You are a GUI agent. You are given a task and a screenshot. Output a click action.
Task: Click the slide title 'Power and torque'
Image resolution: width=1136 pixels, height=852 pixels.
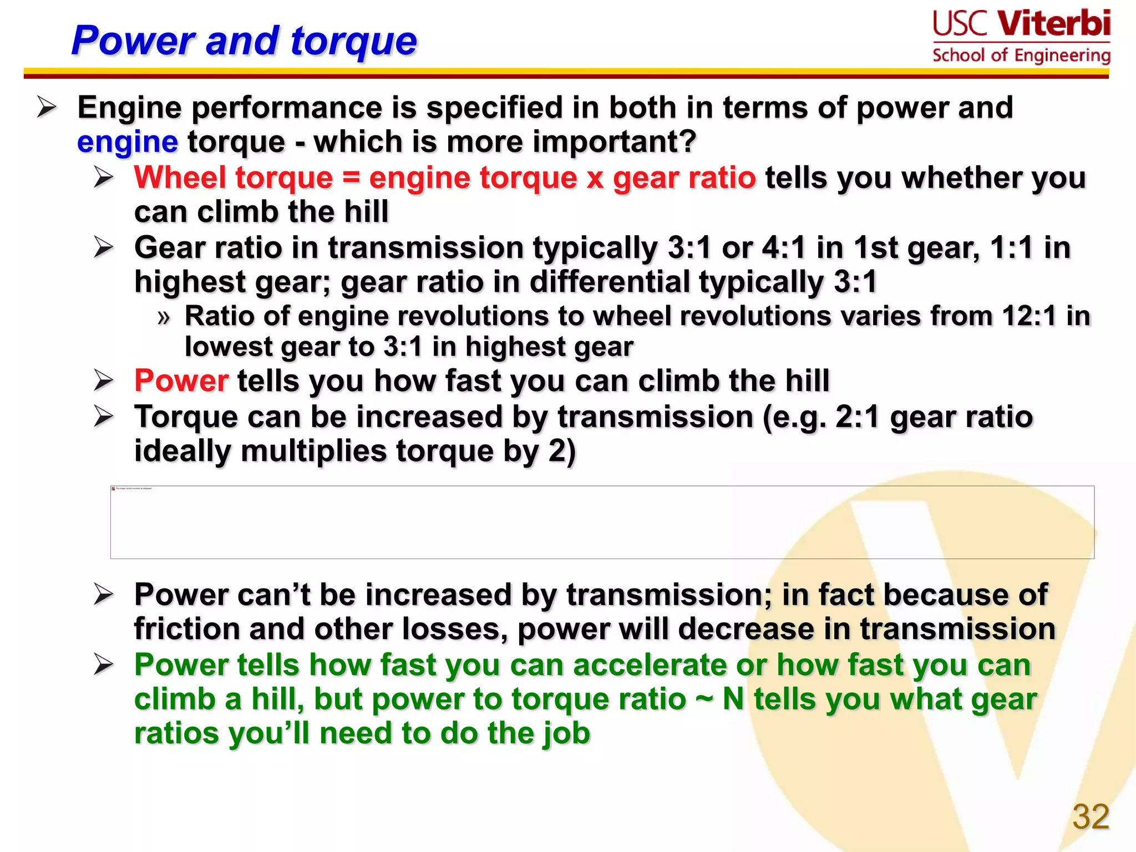click(244, 40)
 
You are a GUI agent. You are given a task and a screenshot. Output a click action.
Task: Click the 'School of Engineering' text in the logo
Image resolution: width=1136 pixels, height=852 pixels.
click(1021, 55)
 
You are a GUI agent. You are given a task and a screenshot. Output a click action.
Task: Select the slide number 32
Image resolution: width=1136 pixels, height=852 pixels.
click(1091, 816)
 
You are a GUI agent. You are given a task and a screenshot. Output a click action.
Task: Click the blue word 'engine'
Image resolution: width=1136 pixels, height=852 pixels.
click(128, 143)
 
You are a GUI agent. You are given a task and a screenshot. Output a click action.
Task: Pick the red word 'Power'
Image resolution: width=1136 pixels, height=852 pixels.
click(181, 381)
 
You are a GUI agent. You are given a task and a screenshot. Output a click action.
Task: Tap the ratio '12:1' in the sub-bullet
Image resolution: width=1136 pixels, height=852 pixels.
click(1029, 316)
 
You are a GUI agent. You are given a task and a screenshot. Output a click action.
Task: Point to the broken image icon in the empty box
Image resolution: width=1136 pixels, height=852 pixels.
click(114, 489)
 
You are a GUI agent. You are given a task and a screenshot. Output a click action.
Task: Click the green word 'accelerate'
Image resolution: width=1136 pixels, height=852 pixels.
click(650, 665)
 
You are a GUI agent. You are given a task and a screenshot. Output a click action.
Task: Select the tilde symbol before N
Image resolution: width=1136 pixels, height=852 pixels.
click(704, 699)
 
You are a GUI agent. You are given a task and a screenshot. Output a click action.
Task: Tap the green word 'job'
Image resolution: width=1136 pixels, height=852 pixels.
click(566, 733)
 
